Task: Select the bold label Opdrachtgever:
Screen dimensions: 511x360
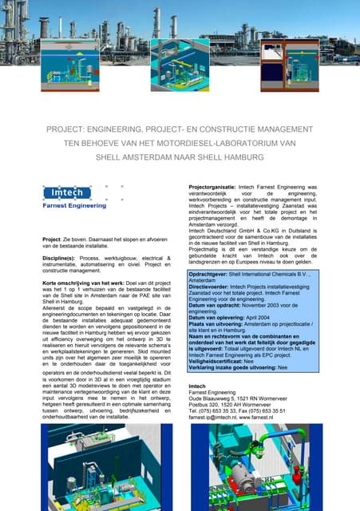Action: tap(210, 295)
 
